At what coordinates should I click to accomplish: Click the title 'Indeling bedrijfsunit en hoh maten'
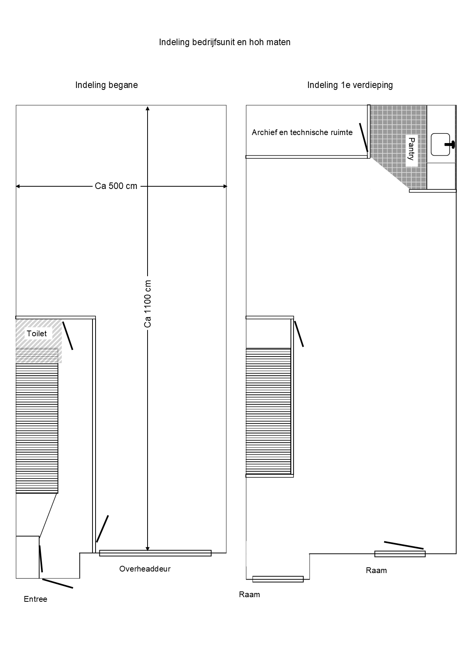pyautogui.click(x=225, y=42)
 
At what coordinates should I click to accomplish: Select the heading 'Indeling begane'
pyautogui.click(x=107, y=85)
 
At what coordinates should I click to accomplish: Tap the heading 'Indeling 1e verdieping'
pyautogui.click(x=350, y=85)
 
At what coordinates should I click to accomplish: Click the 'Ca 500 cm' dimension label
pyautogui.click(x=116, y=186)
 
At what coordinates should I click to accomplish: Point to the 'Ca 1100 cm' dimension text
pyautogui.click(x=148, y=304)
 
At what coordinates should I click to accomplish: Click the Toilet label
pyautogui.click(x=37, y=334)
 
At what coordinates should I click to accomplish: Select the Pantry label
pyautogui.click(x=412, y=149)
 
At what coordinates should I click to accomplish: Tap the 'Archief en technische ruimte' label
pyautogui.click(x=302, y=133)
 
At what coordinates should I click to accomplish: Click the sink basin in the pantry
pyautogui.click(x=441, y=144)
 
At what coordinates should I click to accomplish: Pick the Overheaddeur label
pyautogui.click(x=145, y=569)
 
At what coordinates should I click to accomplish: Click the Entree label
pyautogui.click(x=36, y=599)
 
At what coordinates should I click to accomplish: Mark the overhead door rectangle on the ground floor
pyautogui.click(x=155, y=553)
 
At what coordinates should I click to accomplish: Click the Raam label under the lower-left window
pyautogui.click(x=250, y=594)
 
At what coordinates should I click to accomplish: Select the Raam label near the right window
pyautogui.click(x=377, y=570)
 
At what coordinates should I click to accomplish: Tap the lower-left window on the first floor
pyautogui.click(x=278, y=579)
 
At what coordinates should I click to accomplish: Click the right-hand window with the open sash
pyautogui.click(x=400, y=554)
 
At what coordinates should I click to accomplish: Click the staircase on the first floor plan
pyautogui.click(x=268, y=411)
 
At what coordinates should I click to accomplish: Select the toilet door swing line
pyautogui.click(x=68, y=335)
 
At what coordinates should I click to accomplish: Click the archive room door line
pyautogui.click(x=363, y=137)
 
